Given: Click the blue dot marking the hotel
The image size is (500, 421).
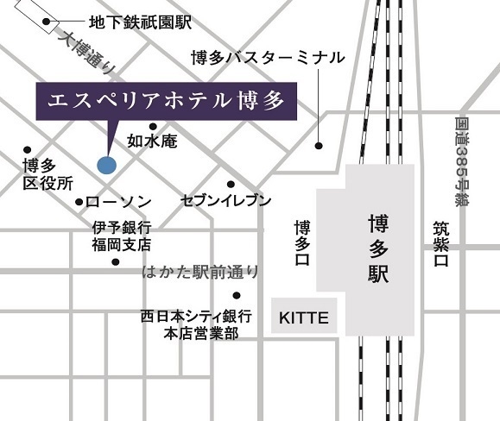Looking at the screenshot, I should pos(105,164).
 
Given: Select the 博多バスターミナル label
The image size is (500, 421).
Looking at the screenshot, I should pos(268,58).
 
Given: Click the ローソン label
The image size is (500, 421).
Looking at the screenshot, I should pos(119,202).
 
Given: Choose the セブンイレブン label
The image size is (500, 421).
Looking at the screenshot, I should pos(226,201).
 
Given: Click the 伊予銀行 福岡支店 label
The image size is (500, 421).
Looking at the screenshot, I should pos(122,236).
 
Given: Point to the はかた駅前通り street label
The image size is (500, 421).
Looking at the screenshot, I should pos(200,273).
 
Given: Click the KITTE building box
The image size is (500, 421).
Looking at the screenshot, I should pos(304,317).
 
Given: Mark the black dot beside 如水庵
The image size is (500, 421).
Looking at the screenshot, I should pos(153,126).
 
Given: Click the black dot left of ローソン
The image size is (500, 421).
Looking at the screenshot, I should pos(79,202).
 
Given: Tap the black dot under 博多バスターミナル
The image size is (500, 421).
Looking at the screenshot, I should pos(319,145).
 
